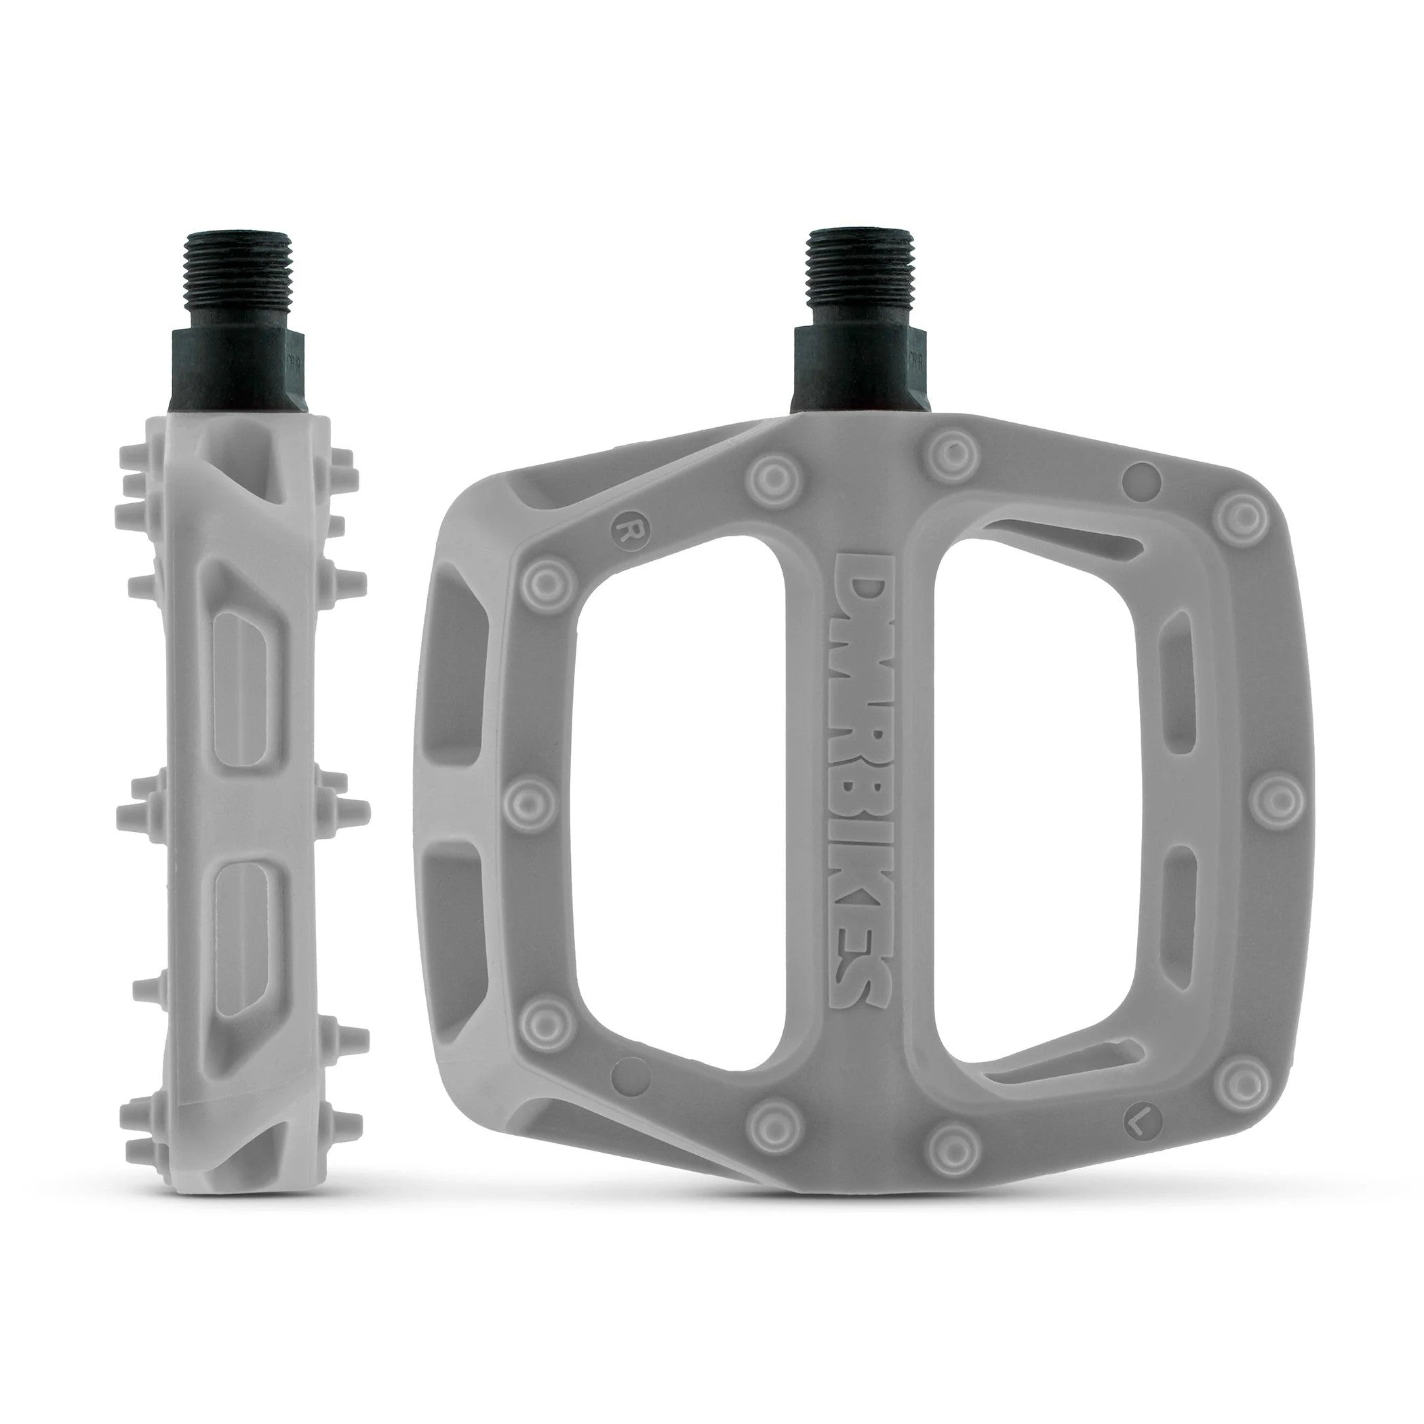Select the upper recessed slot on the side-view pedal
pos(240,678)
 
